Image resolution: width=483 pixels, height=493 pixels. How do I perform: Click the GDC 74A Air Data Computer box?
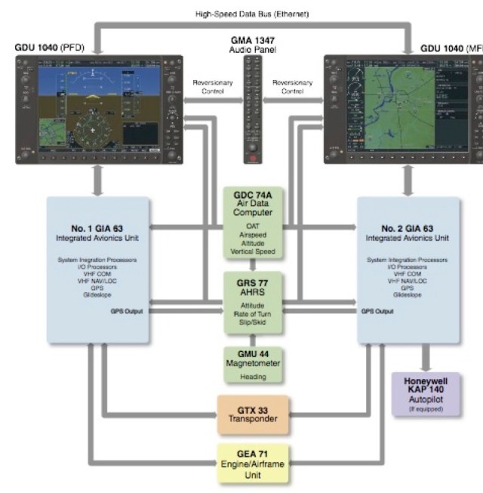[253, 223]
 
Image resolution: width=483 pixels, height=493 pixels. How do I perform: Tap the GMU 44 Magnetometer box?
[253, 363]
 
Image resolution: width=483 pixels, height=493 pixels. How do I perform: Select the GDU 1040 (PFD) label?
[48, 47]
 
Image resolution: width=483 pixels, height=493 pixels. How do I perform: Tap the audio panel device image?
[252, 109]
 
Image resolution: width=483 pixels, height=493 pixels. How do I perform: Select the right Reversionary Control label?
[293, 86]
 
